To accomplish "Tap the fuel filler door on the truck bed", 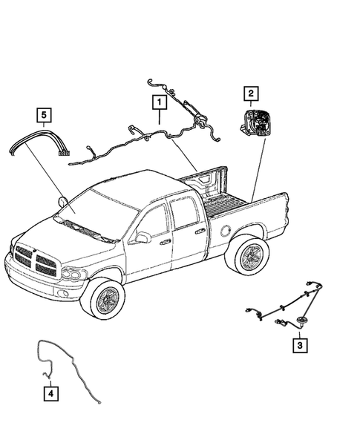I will point(225,229).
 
